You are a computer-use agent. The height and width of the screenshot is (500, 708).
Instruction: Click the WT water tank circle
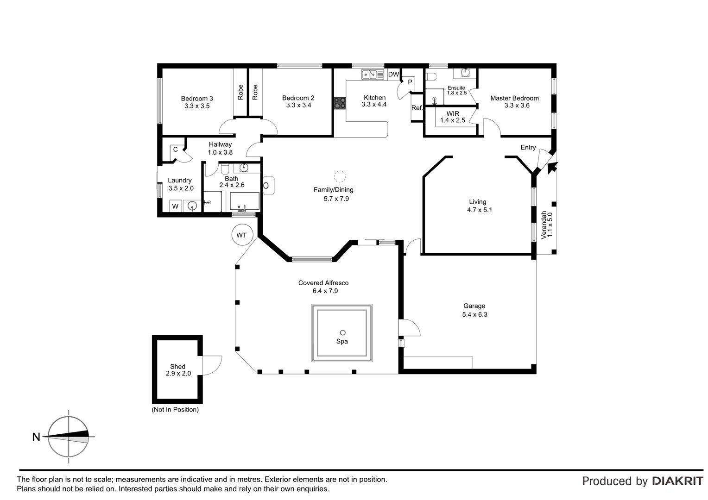click(x=241, y=235)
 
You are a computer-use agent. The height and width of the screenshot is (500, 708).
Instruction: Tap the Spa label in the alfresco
click(x=342, y=341)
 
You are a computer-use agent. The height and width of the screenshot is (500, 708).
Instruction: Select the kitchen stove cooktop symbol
click(x=340, y=103)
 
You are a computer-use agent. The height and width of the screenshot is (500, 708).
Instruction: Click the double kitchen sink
click(x=369, y=74)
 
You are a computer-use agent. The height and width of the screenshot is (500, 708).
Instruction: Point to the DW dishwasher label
click(x=393, y=75)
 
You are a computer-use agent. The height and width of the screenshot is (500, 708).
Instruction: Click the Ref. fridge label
click(x=417, y=108)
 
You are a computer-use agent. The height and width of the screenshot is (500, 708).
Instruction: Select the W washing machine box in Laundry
click(x=175, y=206)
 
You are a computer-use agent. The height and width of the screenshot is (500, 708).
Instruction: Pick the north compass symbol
click(x=69, y=436)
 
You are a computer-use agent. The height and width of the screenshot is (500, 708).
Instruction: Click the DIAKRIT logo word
click(x=677, y=481)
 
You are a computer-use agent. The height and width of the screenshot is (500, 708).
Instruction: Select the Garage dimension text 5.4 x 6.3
click(x=474, y=314)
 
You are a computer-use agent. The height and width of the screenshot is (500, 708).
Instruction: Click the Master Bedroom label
click(x=514, y=98)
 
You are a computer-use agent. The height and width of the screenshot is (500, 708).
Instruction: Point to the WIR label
click(x=453, y=113)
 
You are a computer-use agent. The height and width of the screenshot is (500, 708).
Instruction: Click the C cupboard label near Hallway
click(x=176, y=149)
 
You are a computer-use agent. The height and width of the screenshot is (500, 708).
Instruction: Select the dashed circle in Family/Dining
click(x=340, y=176)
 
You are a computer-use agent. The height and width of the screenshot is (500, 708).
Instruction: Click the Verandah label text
click(x=544, y=225)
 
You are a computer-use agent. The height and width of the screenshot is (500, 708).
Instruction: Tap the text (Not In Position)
click(x=175, y=410)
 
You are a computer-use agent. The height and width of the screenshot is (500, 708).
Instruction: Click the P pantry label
click(x=410, y=82)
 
